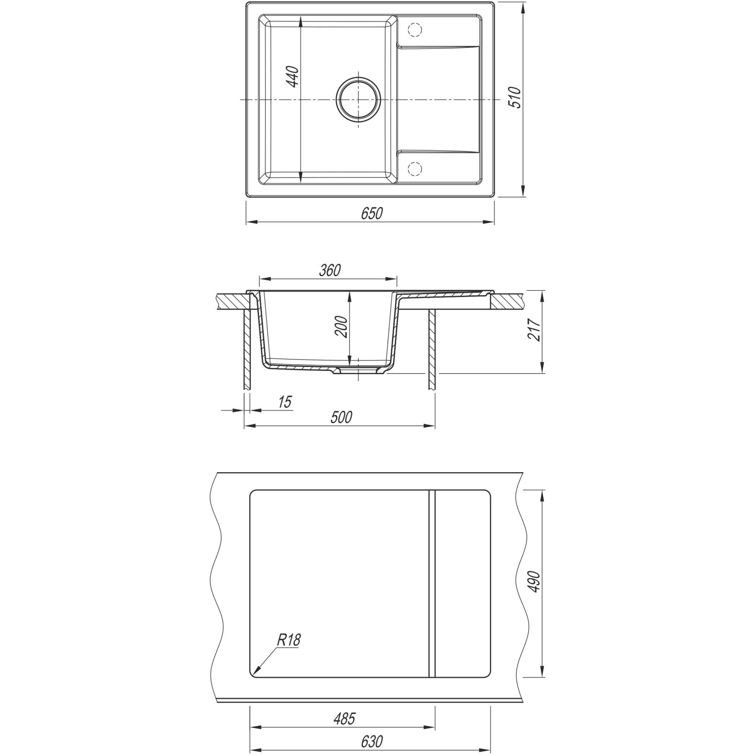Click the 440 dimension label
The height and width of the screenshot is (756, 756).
tap(293, 77)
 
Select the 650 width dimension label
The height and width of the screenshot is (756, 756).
tap(372, 213)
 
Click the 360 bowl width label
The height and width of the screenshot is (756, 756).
tap(330, 270)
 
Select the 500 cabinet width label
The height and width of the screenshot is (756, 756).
tap(342, 418)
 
